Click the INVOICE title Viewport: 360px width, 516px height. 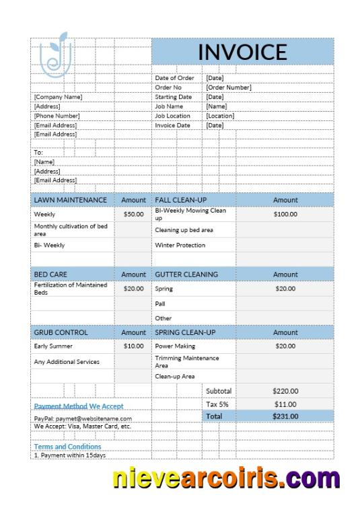coord(242,52)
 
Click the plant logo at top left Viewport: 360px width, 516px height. coord(55,54)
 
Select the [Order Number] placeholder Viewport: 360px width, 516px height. coord(229,87)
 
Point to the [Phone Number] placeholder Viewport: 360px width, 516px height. coord(57,116)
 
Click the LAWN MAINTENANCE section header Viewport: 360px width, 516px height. coord(70,200)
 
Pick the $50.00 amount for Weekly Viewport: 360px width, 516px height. coord(133,214)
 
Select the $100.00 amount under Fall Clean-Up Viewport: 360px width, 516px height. coord(285,214)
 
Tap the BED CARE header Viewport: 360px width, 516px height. coord(50,274)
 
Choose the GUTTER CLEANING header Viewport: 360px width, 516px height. coord(186,274)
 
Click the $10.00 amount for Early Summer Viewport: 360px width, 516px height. coord(133,346)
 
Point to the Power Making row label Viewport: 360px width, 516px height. coord(175,346)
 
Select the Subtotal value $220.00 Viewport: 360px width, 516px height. coord(285,391)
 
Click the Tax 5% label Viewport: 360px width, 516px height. coord(217,404)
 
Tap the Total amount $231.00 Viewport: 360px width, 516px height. coord(285,416)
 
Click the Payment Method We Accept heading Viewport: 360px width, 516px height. coord(79,406)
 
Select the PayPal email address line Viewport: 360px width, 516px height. coord(83,418)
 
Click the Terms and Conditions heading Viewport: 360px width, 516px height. coord(67,447)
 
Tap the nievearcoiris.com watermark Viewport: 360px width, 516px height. coord(225,478)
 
